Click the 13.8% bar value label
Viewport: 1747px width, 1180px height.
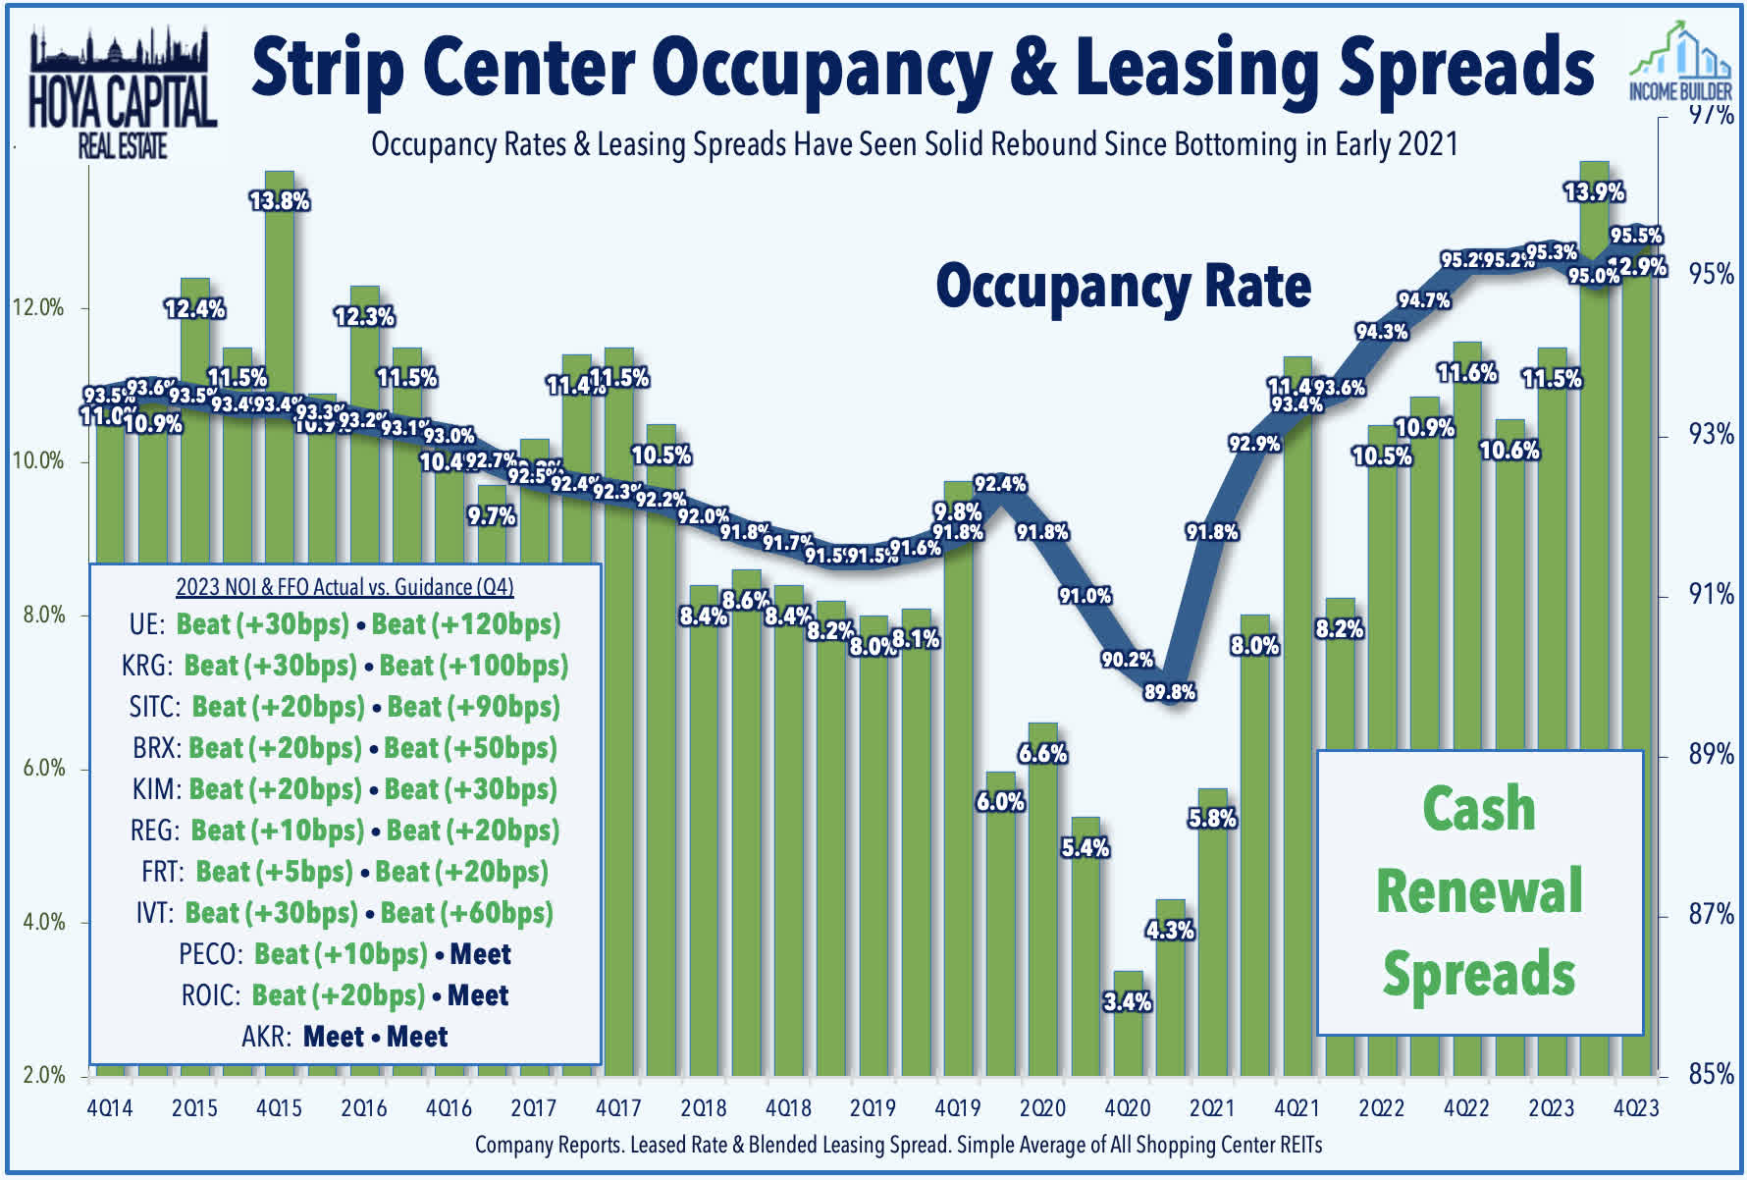pyautogui.click(x=280, y=201)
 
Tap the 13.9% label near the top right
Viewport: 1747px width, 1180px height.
pyautogui.click(x=1594, y=191)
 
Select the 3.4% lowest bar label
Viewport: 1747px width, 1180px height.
pyautogui.click(x=1128, y=1002)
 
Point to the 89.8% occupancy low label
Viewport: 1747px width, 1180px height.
pyautogui.click(x=1169, y=692)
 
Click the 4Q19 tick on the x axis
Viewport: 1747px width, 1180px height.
pyautogui.click(x=957, y=1108)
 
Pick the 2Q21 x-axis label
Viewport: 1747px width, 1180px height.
pyautogui.click(x=1211, y=1108)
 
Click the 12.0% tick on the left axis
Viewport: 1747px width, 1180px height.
pyautogui.click(x=38, y=308)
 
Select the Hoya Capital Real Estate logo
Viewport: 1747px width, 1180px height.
pyautogui.click(x=122, y=93)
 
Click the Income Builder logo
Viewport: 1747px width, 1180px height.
pyautogui.click(x=1680, y=64)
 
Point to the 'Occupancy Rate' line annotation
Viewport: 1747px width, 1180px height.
pyautogui.click(x=1123, y=287)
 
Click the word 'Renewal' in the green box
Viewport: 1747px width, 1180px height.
pyautogui.click(x=1479, y=891)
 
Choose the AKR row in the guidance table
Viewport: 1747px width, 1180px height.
pyautogui.click(x=344, y=1037)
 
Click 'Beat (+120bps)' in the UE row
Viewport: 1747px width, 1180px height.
pyautogui.click(x=466, y=624)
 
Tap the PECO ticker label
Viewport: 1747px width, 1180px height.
pyautogui.click(x=209, y=954)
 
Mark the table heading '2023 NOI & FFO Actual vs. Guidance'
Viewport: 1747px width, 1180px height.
pyautogui.click(x=344, y=587)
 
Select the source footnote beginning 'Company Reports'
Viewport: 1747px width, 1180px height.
pyautogui.click(x=898, y=1145)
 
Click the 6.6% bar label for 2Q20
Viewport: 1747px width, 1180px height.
pyautogui.click(x=1042, y=754)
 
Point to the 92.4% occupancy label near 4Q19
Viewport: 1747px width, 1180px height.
pyautogui.click(x=1000, y=484)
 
